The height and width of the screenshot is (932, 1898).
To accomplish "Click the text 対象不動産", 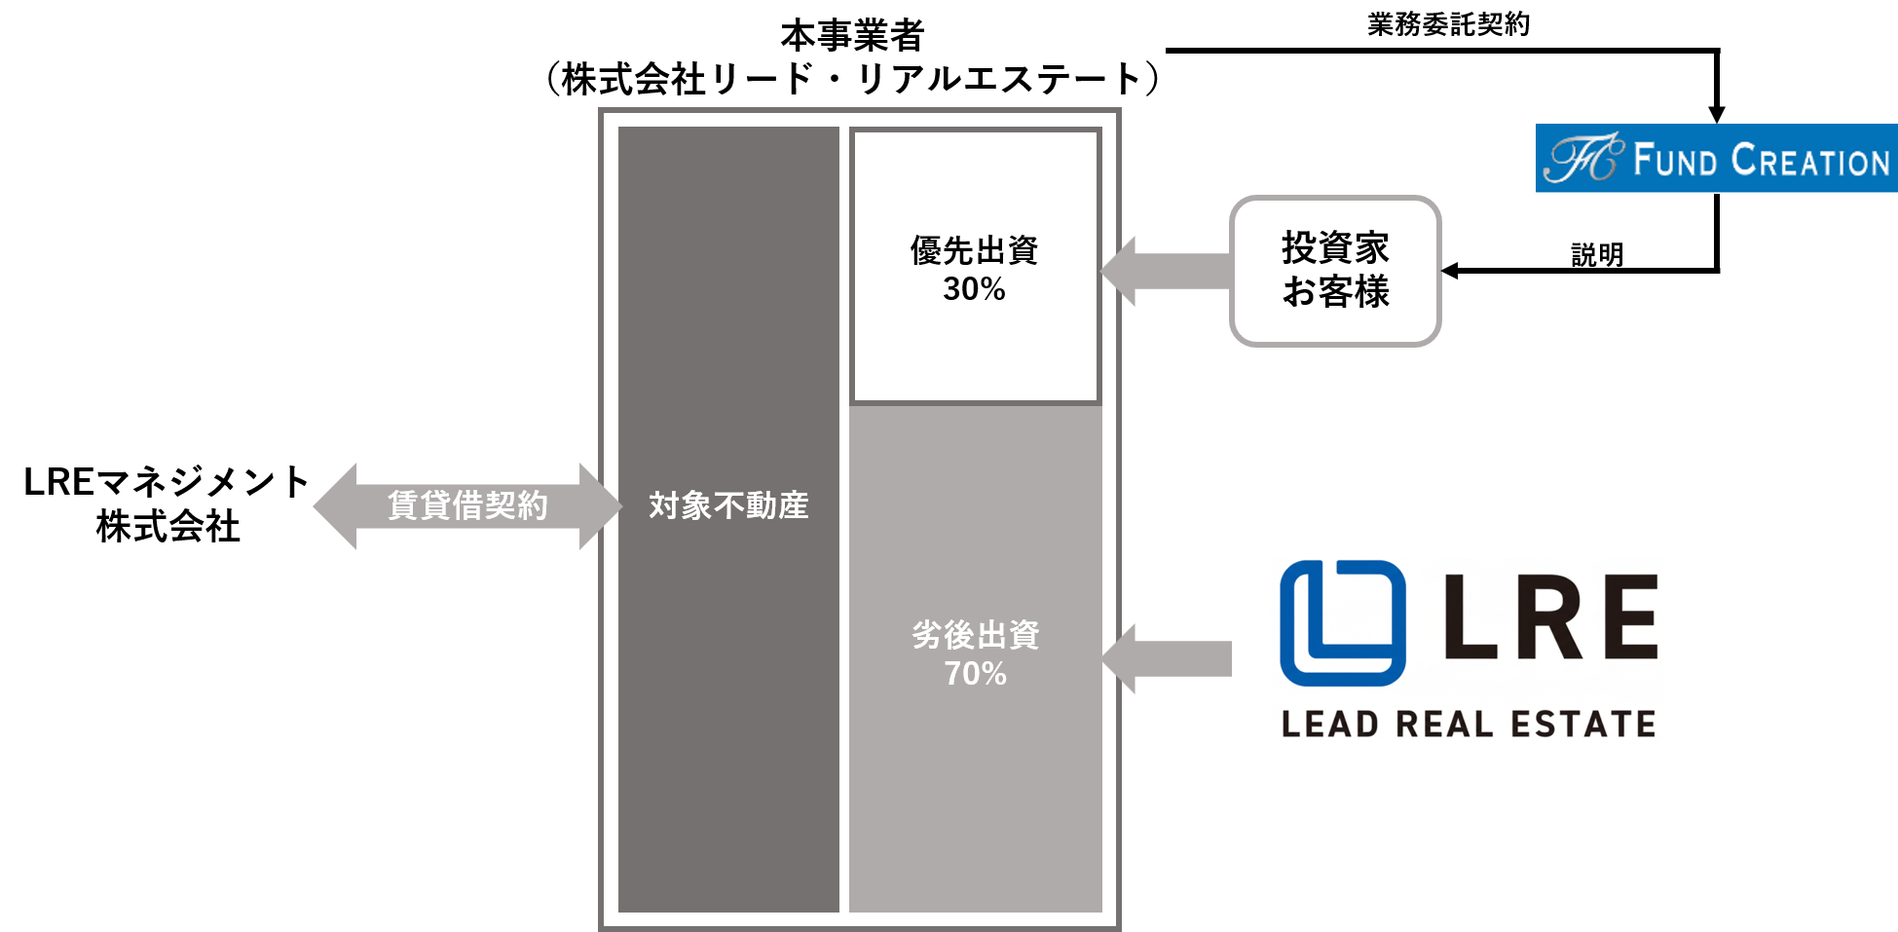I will [728, 505].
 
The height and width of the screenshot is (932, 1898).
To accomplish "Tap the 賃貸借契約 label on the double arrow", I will [467, 505].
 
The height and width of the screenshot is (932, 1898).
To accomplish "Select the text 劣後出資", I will [975, 635].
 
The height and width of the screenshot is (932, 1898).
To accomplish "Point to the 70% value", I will [975, 674].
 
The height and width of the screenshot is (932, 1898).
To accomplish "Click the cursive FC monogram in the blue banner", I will [1582, 159].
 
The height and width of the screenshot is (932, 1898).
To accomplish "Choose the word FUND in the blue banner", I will [1675, 160].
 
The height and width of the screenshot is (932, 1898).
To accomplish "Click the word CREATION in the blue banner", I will [1810, 160].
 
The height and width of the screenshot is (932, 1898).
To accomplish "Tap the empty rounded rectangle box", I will [1335, 271].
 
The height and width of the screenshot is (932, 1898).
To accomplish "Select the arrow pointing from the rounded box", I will [1164, 271].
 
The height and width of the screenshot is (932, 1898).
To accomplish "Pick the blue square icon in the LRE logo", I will [1342, 623].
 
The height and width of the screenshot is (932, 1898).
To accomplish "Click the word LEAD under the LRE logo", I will [1330, 725].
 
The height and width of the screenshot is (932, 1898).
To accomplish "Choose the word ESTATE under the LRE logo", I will [1582, 725].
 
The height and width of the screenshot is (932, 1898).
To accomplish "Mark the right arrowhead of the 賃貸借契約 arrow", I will [599, 506].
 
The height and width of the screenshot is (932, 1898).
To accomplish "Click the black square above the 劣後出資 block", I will [975, 266].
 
